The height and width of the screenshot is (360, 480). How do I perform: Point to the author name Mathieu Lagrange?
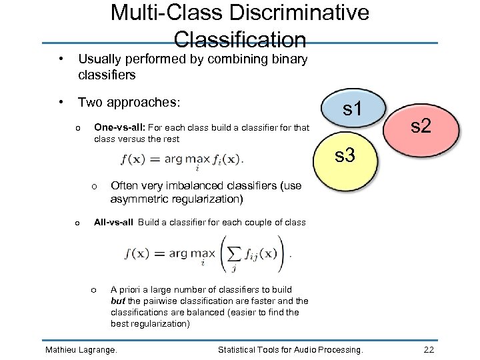80,349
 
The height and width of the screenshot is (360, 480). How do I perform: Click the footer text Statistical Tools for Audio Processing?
291,349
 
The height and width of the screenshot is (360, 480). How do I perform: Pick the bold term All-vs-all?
114,223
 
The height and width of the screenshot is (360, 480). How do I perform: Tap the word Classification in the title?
240,39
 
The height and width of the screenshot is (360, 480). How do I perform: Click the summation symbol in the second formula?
233,254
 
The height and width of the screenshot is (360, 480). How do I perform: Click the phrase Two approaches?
129,102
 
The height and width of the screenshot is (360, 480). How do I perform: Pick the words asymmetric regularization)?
176,199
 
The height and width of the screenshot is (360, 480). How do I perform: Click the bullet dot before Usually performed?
61,59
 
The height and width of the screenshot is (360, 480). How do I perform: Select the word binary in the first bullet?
289,59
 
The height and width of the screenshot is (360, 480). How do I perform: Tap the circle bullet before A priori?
94,289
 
